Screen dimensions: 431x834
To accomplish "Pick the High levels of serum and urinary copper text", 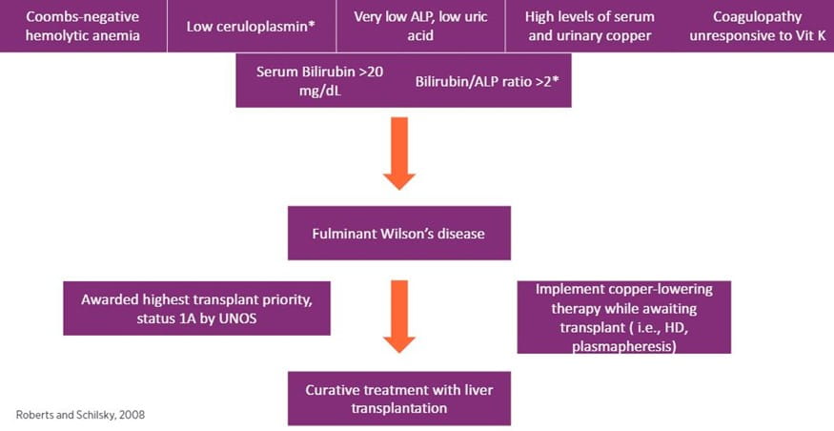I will pos(589,26).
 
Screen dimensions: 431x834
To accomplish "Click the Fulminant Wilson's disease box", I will pos(398,233).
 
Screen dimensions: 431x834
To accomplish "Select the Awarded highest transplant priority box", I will pos(196,307).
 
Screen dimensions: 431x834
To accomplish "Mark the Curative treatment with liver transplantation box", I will pos(398,398).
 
